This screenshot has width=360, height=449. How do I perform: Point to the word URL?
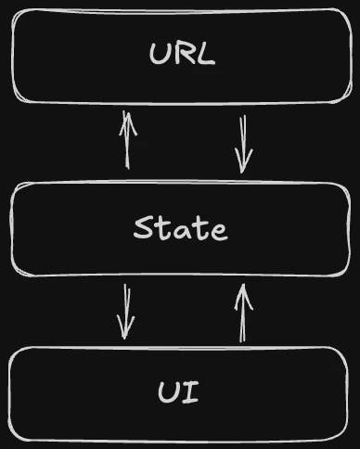tap(182, 55)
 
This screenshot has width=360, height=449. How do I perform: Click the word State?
tap(180, 228)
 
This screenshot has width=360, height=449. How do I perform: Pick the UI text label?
tap(179, 392)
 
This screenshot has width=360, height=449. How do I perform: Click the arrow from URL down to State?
tap(244, 144)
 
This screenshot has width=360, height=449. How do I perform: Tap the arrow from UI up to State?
tap(243, 314)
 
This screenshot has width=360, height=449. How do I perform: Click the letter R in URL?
tap(182, 55)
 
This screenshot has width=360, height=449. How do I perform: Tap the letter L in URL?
tap(205, 55)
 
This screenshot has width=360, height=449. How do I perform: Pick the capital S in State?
tap(143, 228)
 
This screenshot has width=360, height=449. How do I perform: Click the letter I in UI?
tap(191, 392)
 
